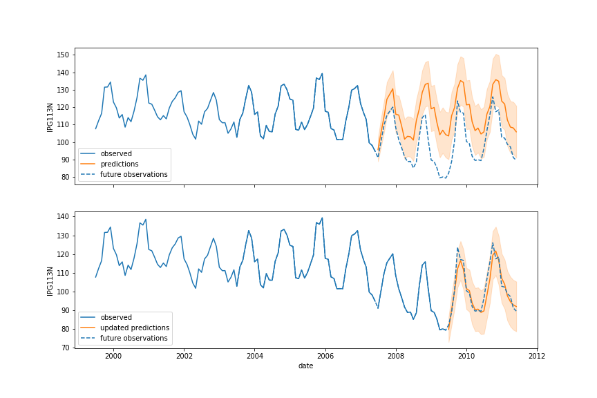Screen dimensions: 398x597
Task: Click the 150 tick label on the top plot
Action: click(x=64, y=55)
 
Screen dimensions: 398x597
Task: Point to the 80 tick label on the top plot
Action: click(x=66, y=177)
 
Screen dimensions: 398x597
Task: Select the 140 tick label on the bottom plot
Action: click(x=64, y=217)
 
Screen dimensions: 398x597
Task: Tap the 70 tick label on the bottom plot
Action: click(x=66, y=348)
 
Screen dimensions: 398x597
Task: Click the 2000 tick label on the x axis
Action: click(x=113, y=357)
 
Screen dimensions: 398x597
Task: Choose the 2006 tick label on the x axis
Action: click(x=325, y=357)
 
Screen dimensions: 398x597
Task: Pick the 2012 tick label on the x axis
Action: click(x=538, y=357)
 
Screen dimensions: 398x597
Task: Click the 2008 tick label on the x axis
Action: click(x=396, y=357)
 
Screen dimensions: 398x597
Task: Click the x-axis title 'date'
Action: click(x=305, y=366)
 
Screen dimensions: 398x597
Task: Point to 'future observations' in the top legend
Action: click(x=133, y=175)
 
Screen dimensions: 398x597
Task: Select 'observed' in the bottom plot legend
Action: click(x=116, y=317)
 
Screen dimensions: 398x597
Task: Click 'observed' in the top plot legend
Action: click(x=116, y=154)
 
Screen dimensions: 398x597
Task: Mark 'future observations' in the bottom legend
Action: click(x=133, y=338)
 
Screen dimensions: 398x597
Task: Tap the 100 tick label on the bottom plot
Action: click(x=64, y=292)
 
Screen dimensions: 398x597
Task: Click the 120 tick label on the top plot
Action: click(x=64, y=107)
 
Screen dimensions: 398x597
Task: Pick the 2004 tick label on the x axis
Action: click(x=255, y=357)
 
